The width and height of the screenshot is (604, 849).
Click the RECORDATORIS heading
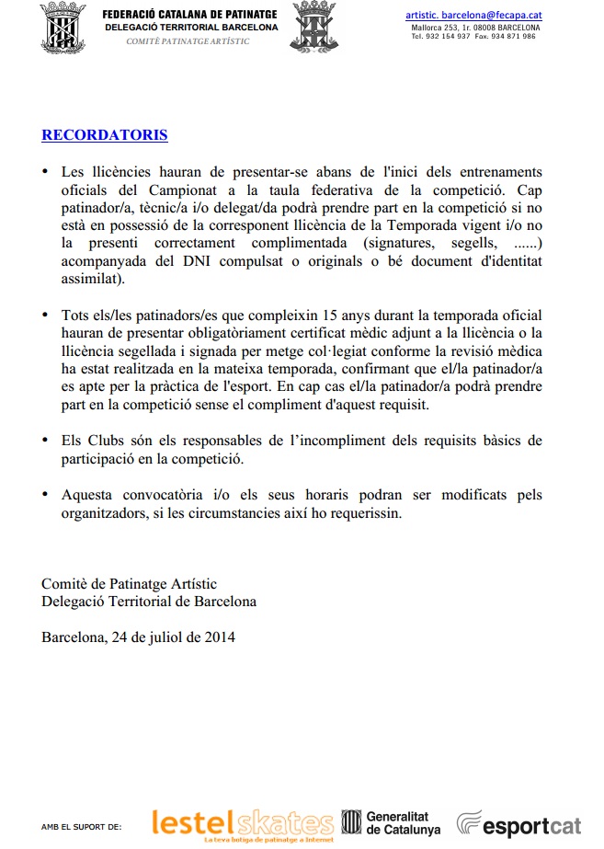[x=105, y=135]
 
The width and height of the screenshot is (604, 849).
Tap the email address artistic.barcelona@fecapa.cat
[x=473, y=16]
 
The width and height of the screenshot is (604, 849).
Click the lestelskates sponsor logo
[x=243, y=822]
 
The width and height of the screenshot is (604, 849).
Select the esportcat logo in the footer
[x=519, y=823]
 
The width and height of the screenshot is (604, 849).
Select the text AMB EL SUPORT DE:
[x=81, y=827]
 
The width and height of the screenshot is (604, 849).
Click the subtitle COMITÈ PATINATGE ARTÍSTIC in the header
[x=188, y=42]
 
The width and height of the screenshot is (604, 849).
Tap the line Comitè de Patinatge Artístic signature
[x=130, y=584]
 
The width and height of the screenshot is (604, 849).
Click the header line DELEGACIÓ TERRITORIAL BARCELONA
[x=191, y=29]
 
